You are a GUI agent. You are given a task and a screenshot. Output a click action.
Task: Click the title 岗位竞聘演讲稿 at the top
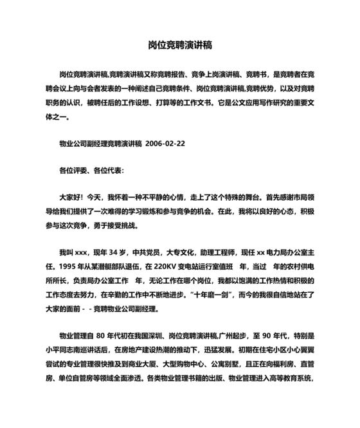pos(180,46)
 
